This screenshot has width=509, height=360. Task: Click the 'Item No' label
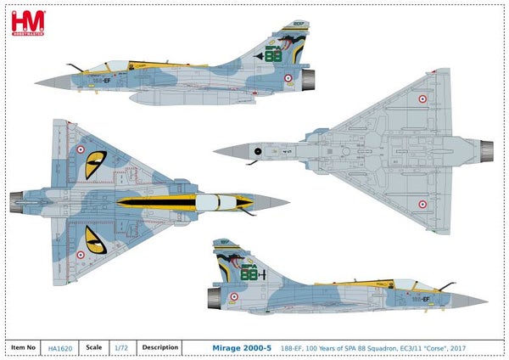click(23, 347)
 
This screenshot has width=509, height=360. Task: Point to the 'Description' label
click(159, 347)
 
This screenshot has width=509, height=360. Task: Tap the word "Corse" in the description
click(433, 347)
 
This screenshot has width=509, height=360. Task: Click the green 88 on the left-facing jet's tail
click(273, 54)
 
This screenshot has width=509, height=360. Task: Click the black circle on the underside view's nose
click(256, 151)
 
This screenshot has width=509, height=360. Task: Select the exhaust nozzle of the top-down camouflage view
click(17, 201)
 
